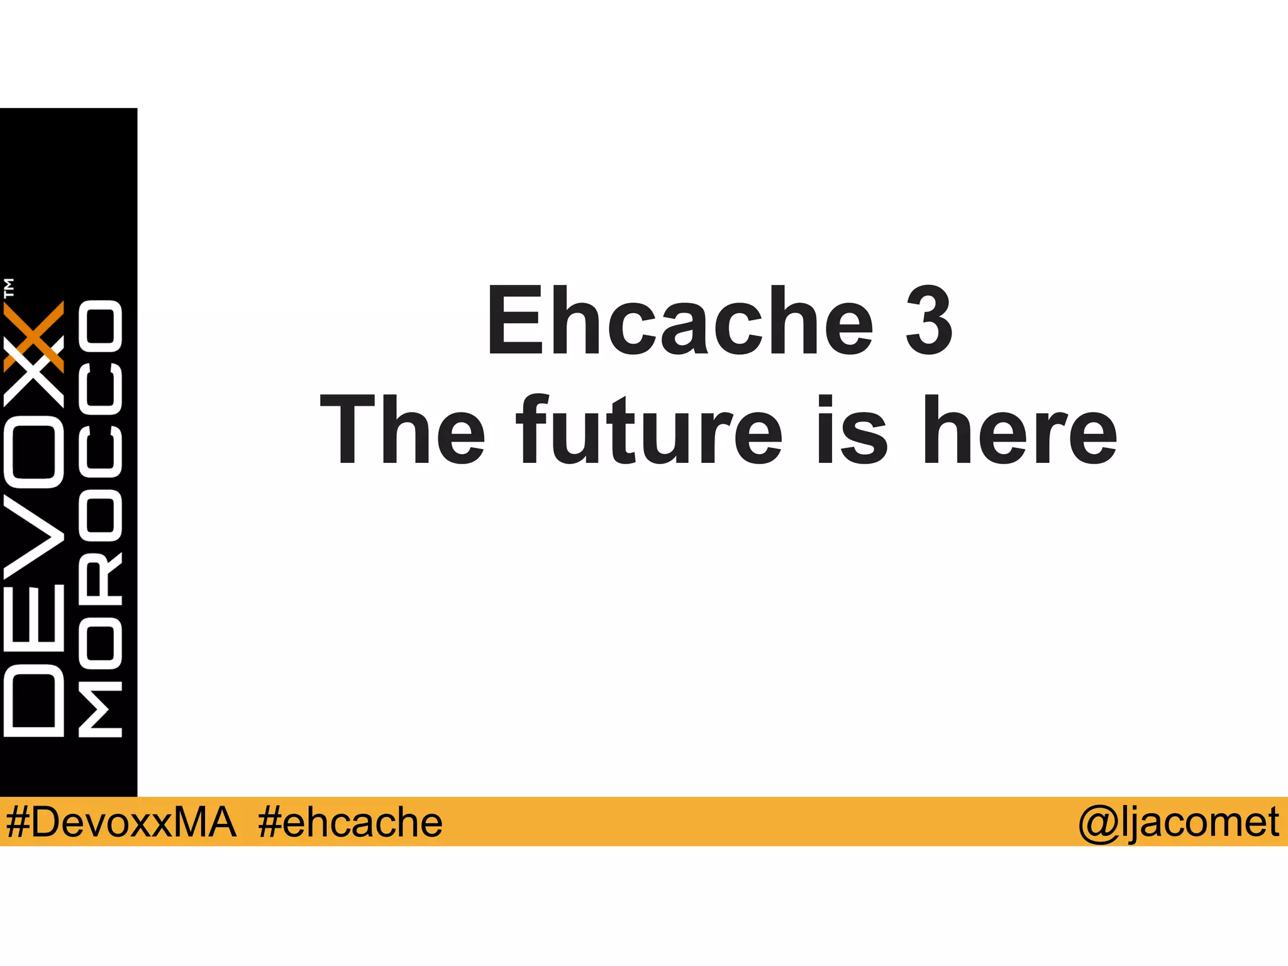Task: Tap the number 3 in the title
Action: [x=929, y=321]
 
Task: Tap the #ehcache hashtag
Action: [x=350, y=822]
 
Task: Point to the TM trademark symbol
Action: [x=9, y=287]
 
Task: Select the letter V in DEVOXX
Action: [x=34, y=538]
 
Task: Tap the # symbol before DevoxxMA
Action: [x=18, y=822]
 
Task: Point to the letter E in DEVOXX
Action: [x=34, y=619]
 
